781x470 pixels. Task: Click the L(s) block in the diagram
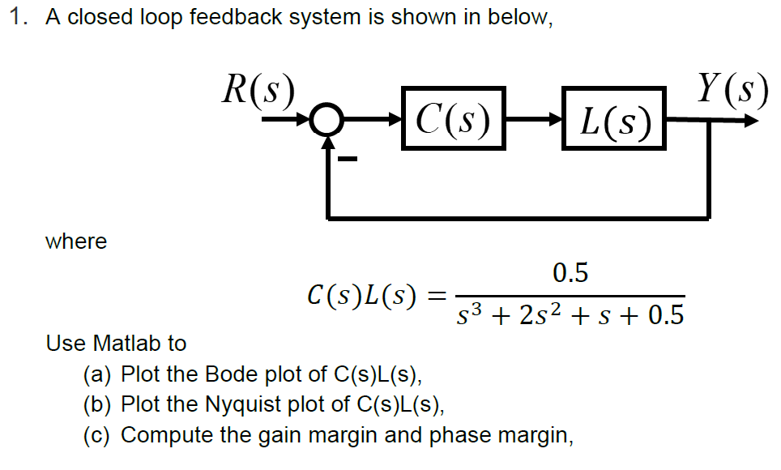click(612, 121)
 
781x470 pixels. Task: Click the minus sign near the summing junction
click(348, 159)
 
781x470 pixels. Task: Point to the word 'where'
click(76, 241)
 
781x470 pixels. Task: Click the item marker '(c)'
click(98, 435)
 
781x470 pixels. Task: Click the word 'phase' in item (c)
click(456, 435)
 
